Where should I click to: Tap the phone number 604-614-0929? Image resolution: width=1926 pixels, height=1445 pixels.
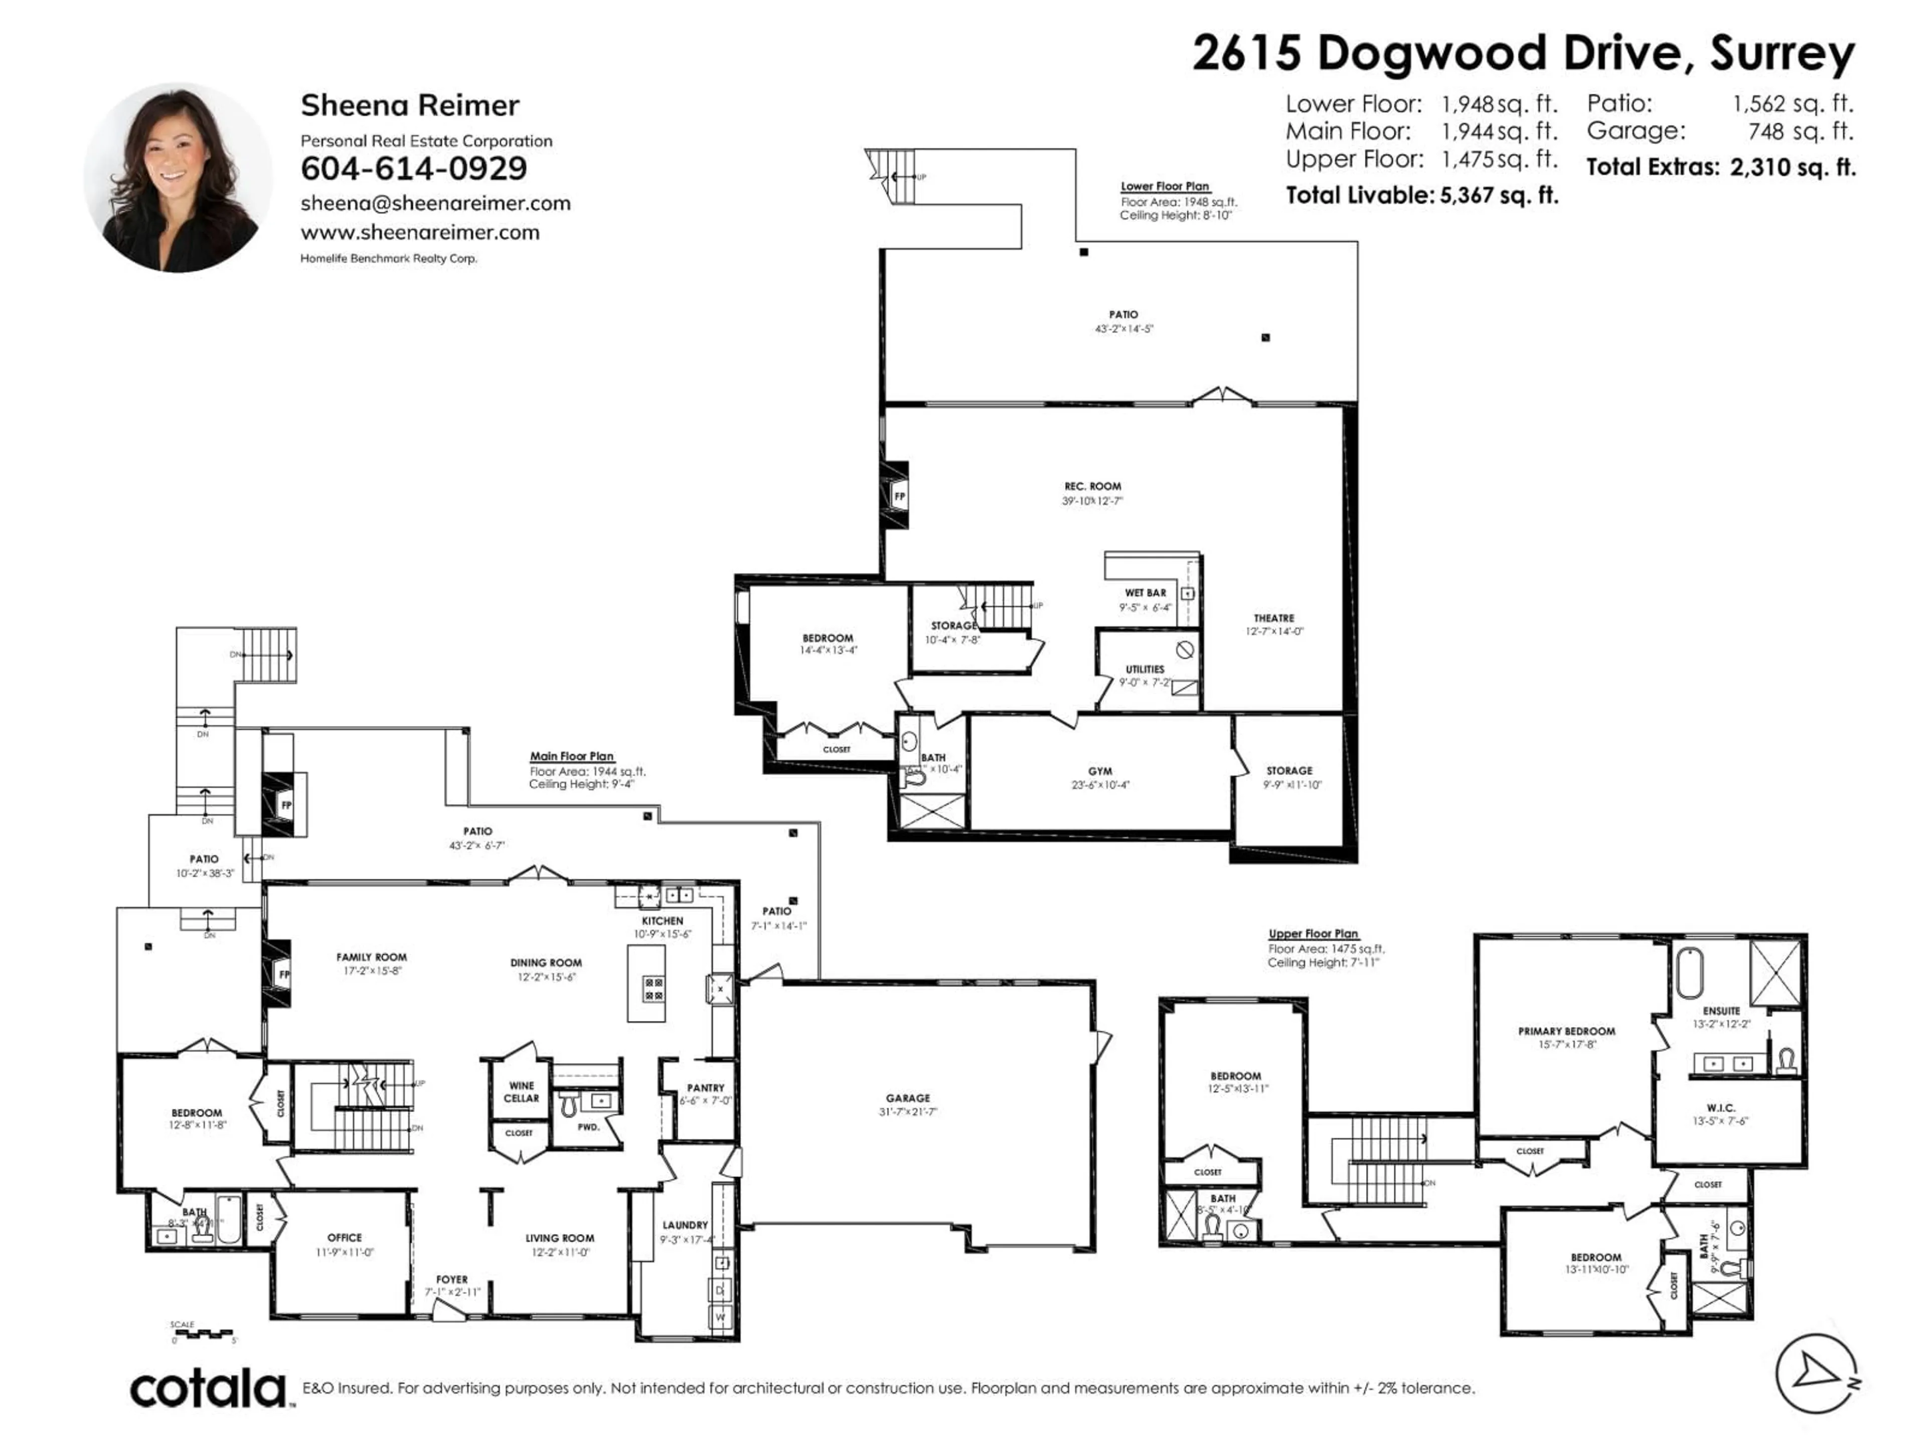point(414,168)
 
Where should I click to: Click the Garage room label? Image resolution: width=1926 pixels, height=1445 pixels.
point(908,1098)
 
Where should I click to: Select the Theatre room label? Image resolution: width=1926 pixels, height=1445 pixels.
point(1274,619)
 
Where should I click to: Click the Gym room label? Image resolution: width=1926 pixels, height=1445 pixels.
point(1100,771)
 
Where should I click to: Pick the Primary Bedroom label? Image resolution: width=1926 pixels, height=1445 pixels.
point(1566,1031)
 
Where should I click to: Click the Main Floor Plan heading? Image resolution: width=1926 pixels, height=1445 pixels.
point(572,756)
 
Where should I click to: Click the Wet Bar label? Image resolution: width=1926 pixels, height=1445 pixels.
point(1145,592)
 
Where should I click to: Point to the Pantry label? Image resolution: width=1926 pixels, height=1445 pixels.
point(705,1088)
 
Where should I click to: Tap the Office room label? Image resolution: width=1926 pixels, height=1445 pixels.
point(345,1238)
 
